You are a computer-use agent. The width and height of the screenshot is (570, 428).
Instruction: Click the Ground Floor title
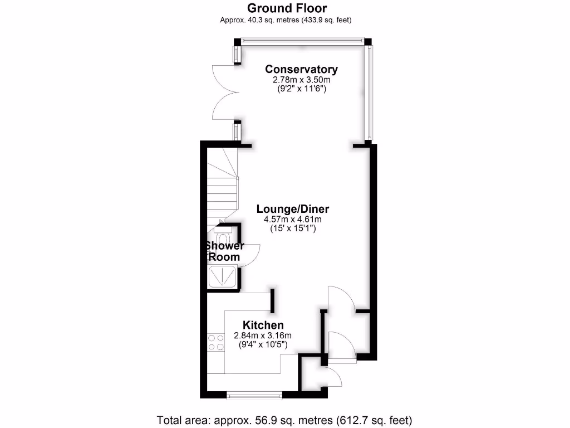[x=287, y=8]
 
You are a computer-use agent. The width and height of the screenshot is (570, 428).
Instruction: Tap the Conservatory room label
[x=301, y=69]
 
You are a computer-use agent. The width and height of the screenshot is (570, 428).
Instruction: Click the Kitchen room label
[x=263, y=325]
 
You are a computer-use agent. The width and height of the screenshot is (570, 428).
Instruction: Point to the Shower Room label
[x=224, y=251]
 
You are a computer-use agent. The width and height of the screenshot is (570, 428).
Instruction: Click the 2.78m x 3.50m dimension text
[x=301, y=80]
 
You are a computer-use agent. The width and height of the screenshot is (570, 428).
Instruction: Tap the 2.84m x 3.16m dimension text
[x=263, y=335]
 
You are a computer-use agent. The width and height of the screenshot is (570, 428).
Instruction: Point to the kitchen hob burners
[x=215, y=342]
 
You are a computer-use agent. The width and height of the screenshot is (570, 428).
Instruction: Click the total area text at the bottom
[x=284, y=420]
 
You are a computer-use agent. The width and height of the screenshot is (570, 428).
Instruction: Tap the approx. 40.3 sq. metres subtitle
[x=287, y=20]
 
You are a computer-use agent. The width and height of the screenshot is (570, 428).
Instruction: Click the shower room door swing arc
[x=252, y=255]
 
